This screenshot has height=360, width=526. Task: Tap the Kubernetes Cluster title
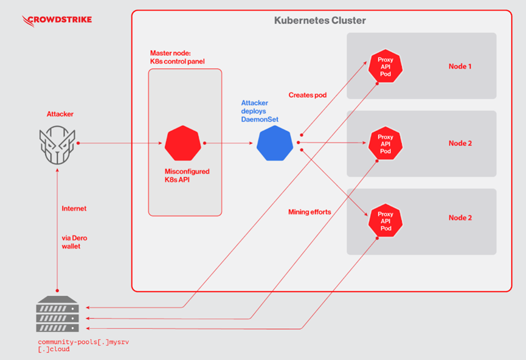(x=320, y=21)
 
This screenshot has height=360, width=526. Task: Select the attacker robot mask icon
(x=58, y=144)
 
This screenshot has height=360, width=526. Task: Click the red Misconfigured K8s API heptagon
(x=183, y=144)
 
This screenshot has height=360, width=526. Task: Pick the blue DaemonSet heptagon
(x=275, y=144)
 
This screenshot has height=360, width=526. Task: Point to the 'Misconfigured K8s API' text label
(x=187, y=176)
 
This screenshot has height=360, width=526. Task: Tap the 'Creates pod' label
(x=308, y=95)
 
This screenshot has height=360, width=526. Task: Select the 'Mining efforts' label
(x=310, y=212)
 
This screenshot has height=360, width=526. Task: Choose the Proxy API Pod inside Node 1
(x=386, y=67)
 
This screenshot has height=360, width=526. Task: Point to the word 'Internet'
(x=74, y=209)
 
